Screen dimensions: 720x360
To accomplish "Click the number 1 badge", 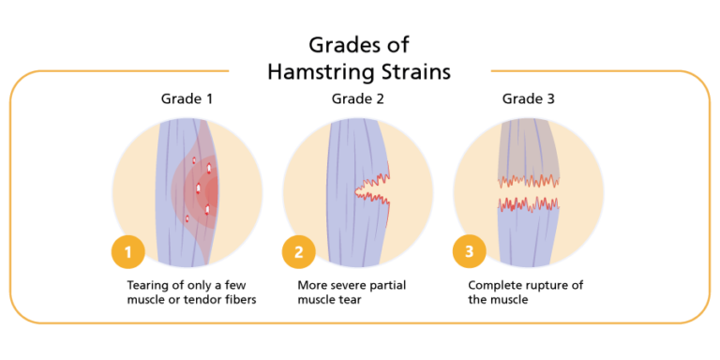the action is (x=127, y=252).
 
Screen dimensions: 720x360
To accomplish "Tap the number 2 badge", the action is (x=298, y=252).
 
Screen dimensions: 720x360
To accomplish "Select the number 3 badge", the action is (x=469, y=252).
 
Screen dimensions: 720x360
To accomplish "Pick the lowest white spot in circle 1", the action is (x=187, y=219).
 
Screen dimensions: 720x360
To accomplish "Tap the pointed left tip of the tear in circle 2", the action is (x=357, y=193).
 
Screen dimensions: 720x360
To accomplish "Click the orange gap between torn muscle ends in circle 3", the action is (x=528, y=191).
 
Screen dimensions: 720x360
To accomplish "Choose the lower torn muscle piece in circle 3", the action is (x=528, y=234).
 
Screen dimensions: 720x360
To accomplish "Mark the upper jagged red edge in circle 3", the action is (x=528, y=180).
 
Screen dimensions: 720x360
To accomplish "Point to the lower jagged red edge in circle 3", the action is (x=528, y=203).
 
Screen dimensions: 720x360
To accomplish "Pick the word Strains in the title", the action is (x=418, y=73).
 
